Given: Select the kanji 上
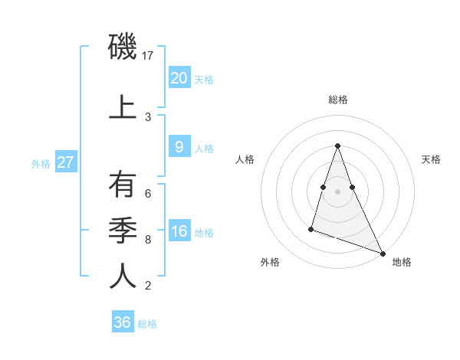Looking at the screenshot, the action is (x=123, y=106).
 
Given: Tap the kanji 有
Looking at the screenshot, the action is (x=123, y=185).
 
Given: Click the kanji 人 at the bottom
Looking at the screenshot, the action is (x=123, y=276).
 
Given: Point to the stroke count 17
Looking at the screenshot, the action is (x=149, y=56).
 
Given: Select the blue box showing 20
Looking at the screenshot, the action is (x=179, y=77).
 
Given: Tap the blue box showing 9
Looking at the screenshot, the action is (x=179, y=147).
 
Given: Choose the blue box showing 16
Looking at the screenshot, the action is (x=179, y=231).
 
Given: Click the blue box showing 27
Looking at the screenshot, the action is (x=66, y=162).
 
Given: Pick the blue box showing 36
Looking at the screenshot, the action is (x=122, y=322).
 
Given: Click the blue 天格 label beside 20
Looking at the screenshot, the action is (x=204, y=79).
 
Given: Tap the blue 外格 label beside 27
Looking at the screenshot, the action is (x=41, y=163).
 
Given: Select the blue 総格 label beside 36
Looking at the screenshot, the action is (x=147, y=324).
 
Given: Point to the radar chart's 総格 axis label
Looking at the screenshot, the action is (x=337, y=100).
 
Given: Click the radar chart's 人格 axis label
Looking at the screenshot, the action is (x=245, y=159).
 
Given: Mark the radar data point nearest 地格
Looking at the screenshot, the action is (x=382, y=253).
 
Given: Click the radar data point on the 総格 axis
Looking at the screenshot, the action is (x=337, y=145).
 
